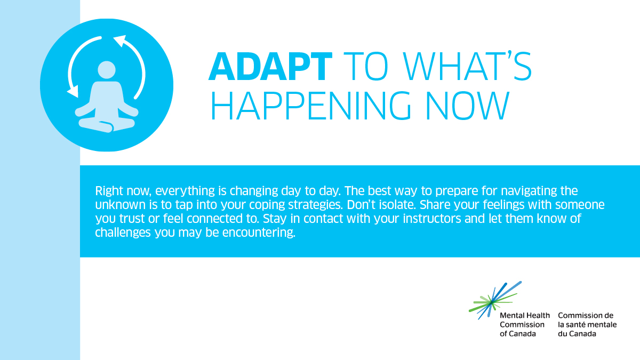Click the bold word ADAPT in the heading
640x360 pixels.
(270, 66)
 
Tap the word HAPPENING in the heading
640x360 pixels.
(311, 106)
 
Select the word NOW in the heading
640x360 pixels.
(468, 106)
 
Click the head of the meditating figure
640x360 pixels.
(107, 70)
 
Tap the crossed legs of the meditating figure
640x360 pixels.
(107, 125)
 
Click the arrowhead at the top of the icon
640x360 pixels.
(120, 41)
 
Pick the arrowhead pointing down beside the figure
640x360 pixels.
(73, 91)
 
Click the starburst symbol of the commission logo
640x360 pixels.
(495, 300)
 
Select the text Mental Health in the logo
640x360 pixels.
(525, 315)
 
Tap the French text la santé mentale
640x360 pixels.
(587, 325)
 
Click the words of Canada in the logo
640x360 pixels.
(518, 334)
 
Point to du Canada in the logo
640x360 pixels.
(577, 334)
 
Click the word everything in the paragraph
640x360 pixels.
(185, 191)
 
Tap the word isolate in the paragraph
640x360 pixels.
(398, 205)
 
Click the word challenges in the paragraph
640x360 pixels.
(123, 233)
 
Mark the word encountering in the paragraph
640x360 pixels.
(259, 233)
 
